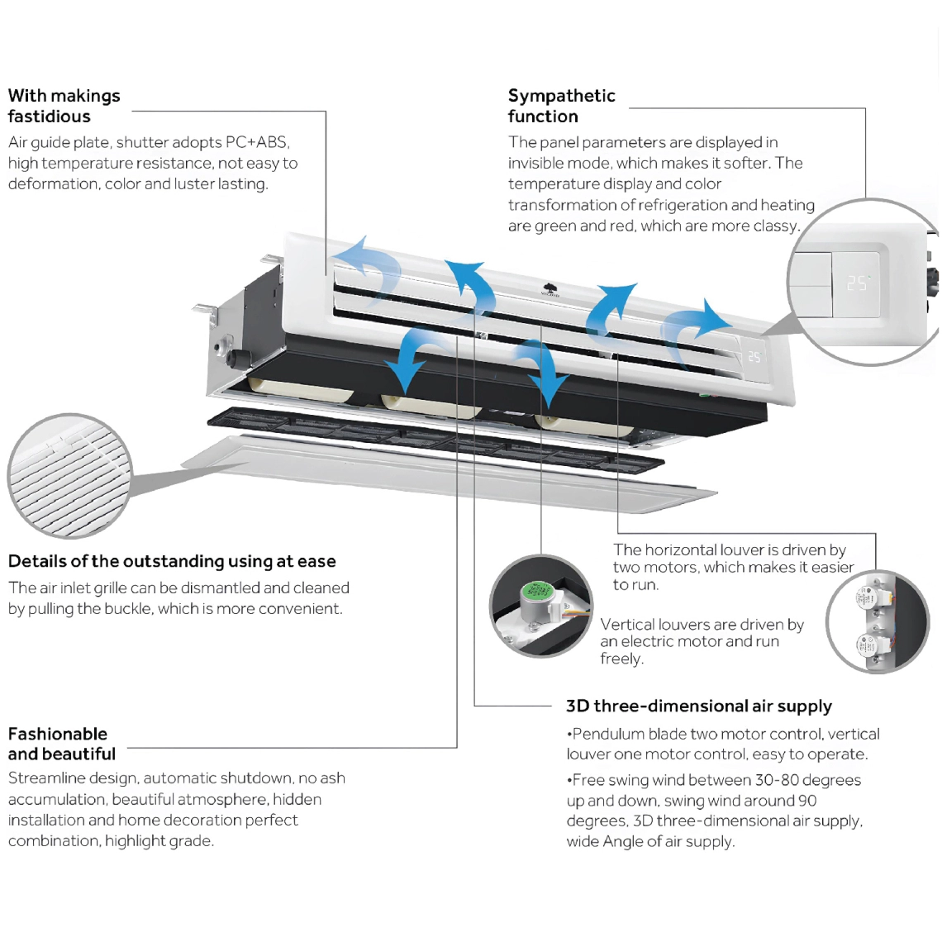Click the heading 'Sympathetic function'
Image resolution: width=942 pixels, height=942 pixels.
point(561,106)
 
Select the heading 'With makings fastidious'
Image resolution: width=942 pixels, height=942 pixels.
point(64,106)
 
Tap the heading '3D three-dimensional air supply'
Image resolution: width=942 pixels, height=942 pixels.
point(698,706)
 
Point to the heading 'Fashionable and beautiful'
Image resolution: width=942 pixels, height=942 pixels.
point(61,744)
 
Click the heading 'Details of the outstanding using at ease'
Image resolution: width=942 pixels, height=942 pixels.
point(172,562)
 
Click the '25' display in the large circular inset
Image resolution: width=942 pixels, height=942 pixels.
point(857,283)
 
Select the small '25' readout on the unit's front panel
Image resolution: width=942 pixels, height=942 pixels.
point(754,357)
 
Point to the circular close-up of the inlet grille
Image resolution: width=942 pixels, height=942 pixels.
point(69,476)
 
